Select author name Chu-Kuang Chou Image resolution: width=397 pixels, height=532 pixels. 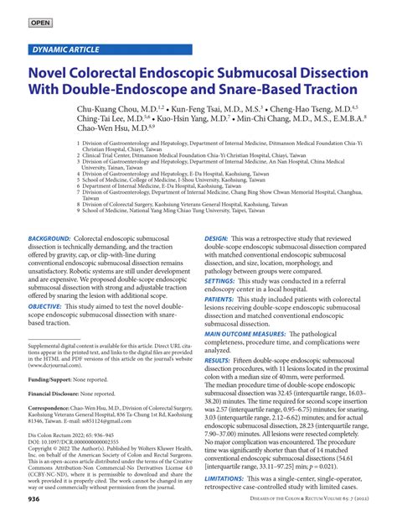pyautogui.click(x=129, y=109)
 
